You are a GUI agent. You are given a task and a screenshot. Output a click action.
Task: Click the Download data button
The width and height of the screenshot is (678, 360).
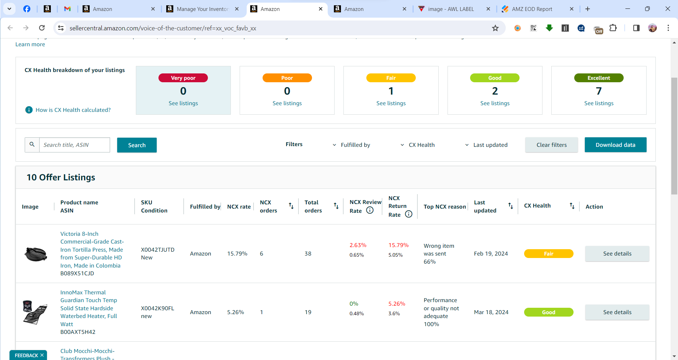(616, 145)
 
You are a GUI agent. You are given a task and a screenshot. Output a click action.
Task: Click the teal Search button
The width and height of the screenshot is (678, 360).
(137, 145)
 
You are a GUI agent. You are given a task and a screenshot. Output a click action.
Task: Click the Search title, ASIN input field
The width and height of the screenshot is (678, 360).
(74, 145)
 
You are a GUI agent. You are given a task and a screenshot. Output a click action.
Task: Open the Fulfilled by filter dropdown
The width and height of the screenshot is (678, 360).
(352, 145)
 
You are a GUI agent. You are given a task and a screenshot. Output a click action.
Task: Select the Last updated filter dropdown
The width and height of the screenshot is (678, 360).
(486, 145)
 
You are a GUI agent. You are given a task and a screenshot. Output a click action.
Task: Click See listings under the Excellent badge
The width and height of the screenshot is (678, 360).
(599, 103)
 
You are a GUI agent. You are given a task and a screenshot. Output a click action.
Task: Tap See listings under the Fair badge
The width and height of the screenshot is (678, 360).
(391, 103)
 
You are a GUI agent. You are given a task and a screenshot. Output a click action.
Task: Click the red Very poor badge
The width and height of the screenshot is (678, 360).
(183, 78)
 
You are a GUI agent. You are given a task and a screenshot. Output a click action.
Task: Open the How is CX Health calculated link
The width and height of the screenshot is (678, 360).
(73, 110)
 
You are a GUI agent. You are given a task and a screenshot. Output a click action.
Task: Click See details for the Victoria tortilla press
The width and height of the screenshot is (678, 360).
(617, 253)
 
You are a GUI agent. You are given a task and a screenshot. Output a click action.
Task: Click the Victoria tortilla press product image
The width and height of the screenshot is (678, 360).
(36, 254)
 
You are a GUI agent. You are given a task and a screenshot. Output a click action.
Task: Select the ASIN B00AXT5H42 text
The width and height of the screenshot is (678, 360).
(78, 332)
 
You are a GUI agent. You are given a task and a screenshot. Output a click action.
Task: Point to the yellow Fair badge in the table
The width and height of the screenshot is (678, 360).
(549, 253)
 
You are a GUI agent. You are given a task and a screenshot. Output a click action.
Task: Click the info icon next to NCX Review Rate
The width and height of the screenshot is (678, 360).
(370, 210)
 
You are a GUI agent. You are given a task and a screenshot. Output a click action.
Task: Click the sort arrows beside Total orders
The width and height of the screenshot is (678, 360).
(336, 205)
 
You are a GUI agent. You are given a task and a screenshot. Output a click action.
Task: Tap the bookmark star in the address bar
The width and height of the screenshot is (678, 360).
(496, 28)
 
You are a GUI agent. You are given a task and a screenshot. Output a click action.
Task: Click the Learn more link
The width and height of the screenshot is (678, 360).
(30, 44)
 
